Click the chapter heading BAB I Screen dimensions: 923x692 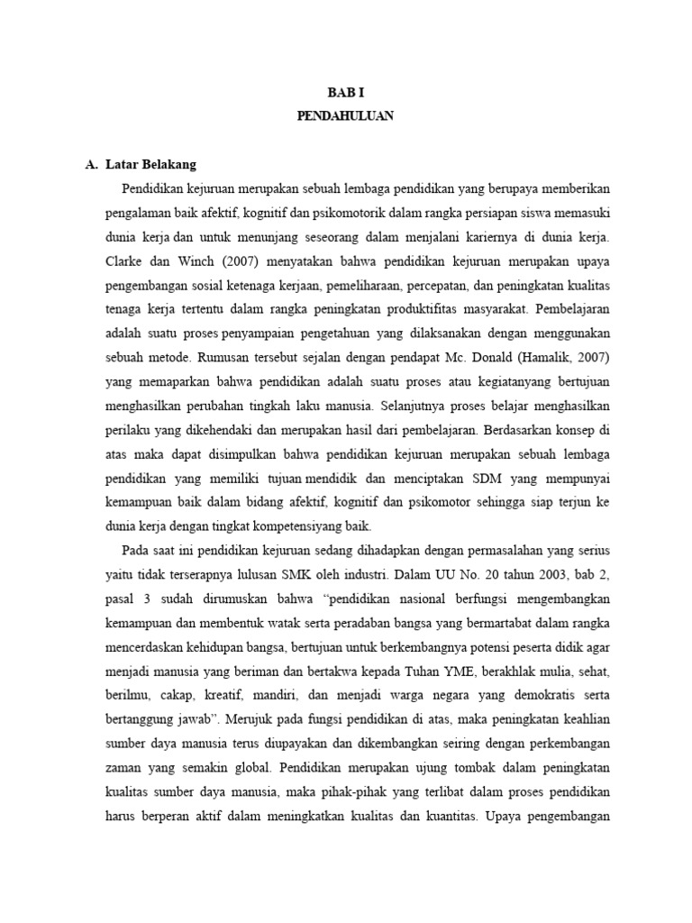tap(345, 92)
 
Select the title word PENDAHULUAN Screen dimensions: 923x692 tap(345, 116)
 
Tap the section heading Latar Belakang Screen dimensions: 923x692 tap(150, 165)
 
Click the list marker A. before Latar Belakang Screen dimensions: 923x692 tap(91, 165)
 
